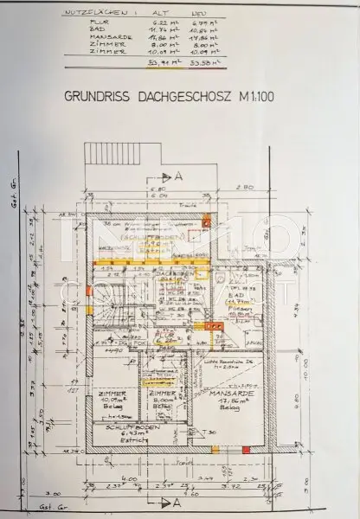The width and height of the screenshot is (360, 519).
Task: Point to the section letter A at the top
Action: [178, 174]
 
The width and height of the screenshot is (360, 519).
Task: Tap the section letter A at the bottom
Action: [177, 501]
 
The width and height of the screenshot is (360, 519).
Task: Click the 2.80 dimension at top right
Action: [246, 187]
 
